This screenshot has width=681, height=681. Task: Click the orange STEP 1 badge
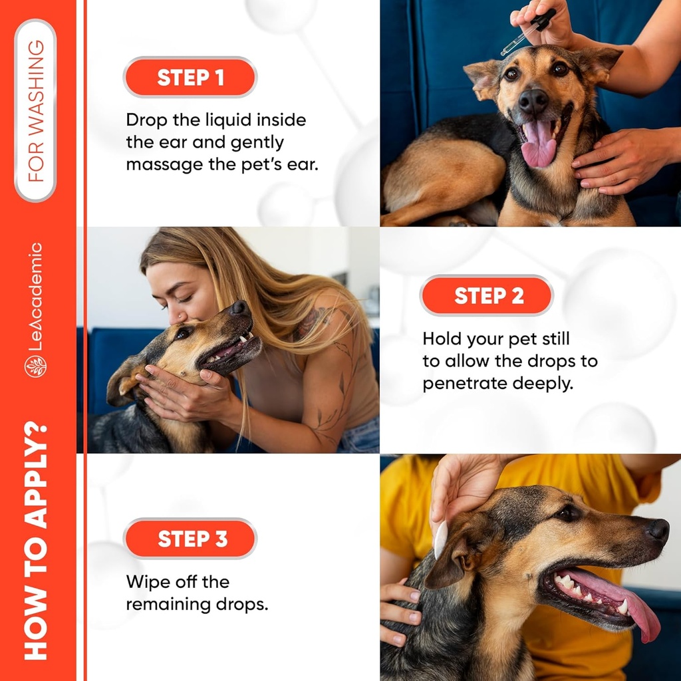(190, 77)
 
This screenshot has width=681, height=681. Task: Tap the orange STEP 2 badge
(487, 295)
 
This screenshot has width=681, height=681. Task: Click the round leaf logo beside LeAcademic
(36, 366)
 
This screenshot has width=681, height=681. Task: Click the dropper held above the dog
(525, 33)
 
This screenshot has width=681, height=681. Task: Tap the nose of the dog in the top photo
(534, 101)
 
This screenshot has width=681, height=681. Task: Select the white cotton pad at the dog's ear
(440, 539)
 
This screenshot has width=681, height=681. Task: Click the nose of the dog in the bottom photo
(658, 530)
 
